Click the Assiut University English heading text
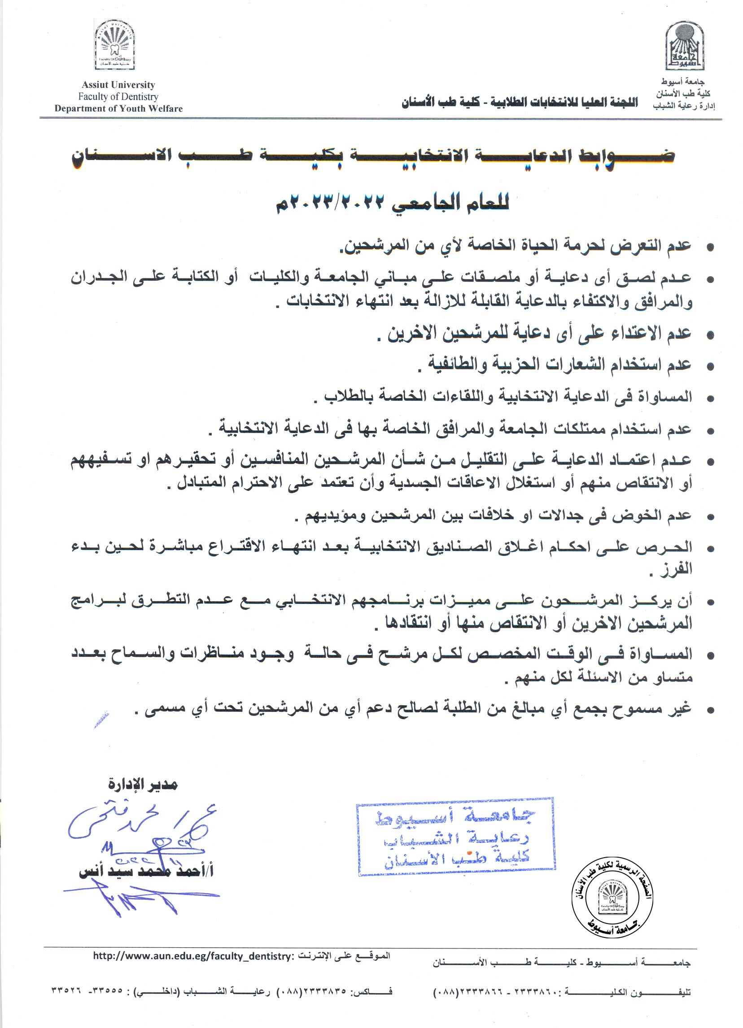[x=118, y=85]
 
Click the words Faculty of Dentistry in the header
[x=118, y=96]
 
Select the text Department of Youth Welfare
[x=118, y=108]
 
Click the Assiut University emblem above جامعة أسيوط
[x=685, y=47]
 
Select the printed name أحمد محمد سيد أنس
[x=146, y=871]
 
